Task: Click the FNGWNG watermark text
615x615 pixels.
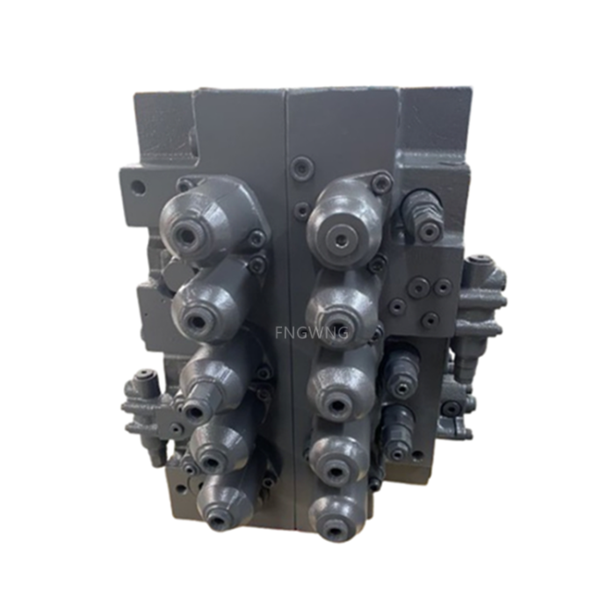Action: tap(312, 333)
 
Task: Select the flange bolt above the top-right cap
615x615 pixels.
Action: tap(381, 184)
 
